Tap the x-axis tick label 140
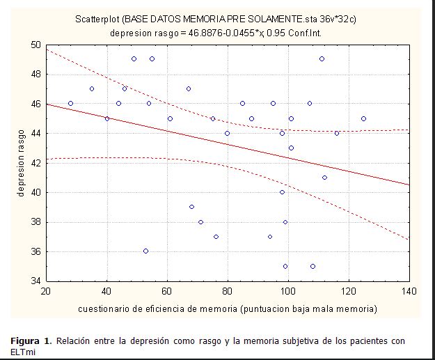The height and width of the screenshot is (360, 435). [x=409, y=290]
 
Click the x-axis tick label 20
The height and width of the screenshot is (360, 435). [x=46, y=290]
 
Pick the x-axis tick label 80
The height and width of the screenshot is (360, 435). [x=227, y=290]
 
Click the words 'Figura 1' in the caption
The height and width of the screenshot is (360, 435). [x=31, y=341]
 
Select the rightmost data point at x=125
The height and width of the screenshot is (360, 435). [x=363, y=118]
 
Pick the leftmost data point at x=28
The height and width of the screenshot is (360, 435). [x=70, y=103]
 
